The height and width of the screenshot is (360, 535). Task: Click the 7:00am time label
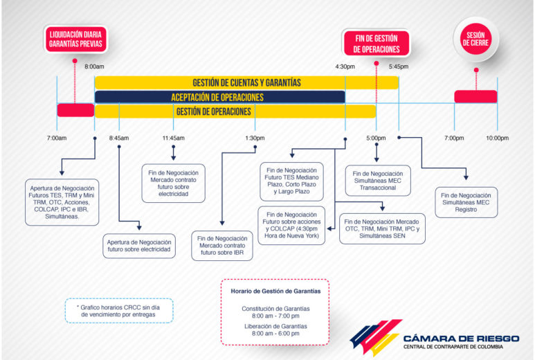(x=57, y=138)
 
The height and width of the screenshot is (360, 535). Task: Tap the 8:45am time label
(x=119, y=138)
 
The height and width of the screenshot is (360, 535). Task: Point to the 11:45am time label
(x=173, y=138)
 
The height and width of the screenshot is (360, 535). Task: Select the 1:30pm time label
(x=255, y=138)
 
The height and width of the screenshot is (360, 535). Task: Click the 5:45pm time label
(x=399, y=66)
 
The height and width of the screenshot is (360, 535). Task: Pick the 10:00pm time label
(x=497, y=138)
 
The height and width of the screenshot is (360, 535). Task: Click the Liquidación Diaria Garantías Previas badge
(x=75, y=39)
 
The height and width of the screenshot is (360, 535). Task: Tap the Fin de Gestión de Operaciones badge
(x=377, y=44)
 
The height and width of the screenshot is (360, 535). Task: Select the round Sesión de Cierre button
(x=475, y=39)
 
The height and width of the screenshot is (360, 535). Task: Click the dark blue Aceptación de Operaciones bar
(x=219, y=97)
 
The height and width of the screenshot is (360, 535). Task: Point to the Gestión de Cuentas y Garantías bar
(x=246, y=82)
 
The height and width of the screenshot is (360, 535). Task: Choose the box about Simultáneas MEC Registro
(x=466, y=202)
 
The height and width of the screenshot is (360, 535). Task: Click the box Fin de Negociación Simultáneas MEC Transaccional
(x=378, y=181)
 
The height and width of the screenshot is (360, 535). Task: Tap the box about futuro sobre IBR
(x=222, y=246)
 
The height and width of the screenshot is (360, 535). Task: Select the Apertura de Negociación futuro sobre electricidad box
(x=139, y=246)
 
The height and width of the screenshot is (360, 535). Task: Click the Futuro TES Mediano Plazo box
(x=292, y=181)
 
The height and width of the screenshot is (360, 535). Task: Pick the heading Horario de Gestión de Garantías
(x=275, y=291)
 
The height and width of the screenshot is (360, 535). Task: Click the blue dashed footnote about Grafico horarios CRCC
(x=119, y=311)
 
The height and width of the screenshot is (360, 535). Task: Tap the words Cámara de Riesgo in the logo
(x=461, y=339)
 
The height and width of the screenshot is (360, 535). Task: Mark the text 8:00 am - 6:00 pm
(x=275, y=334)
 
